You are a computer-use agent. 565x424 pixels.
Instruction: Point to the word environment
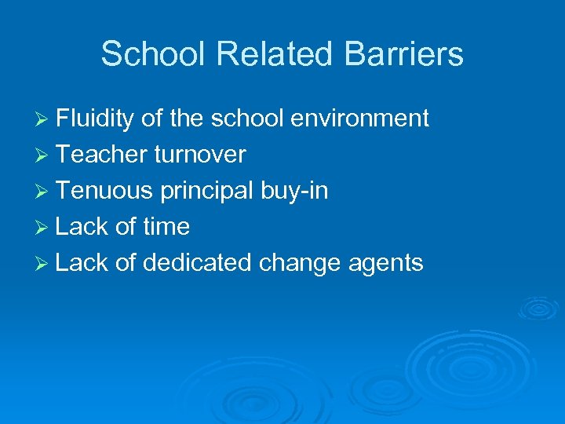coord(359,119)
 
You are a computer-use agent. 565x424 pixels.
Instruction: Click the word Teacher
coord(101,155)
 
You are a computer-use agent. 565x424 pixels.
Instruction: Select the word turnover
coord(200,155)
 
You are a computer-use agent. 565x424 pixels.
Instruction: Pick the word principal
coord(210,192)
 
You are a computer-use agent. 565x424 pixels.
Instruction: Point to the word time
coord(166,227)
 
